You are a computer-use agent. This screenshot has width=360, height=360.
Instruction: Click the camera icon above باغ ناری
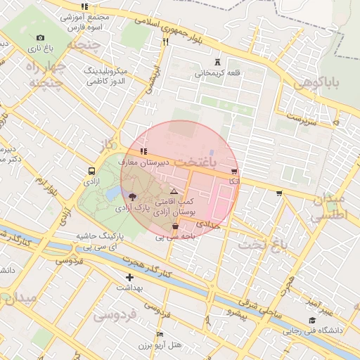point(40,37)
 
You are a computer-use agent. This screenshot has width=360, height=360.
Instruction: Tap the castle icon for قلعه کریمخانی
point(217,61)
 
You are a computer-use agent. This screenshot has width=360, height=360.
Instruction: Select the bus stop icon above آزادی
point(92,171)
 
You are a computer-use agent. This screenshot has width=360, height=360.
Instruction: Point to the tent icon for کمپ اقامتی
point(174,191)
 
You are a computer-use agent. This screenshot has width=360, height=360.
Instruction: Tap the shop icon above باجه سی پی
point(175,226)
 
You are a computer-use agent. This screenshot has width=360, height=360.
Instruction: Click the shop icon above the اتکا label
point(233,172)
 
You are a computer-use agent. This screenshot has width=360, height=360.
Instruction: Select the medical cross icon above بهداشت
point(129,278)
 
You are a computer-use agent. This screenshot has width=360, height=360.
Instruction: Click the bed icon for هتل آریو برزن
point(160,334)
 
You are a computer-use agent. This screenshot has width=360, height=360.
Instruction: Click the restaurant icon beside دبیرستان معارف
point(143,151)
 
